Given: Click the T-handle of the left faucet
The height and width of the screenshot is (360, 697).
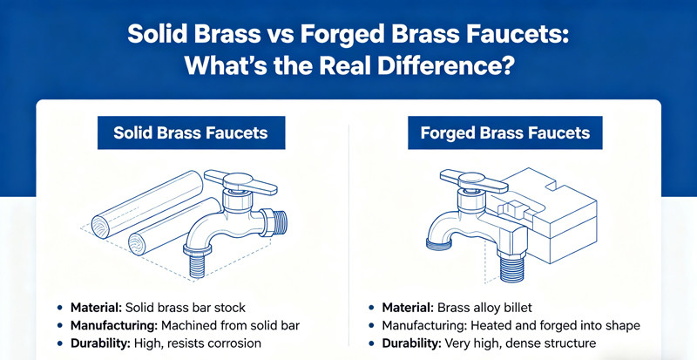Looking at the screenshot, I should click(239, 182).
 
